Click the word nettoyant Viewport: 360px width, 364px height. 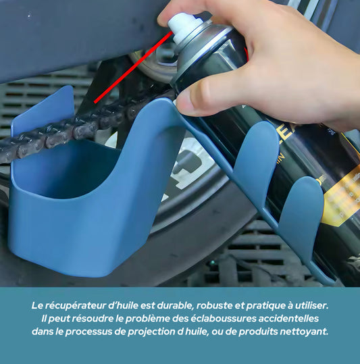click(x=306, y=331)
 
